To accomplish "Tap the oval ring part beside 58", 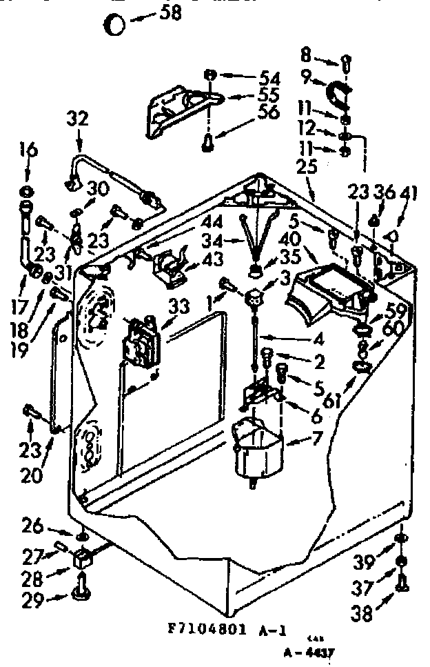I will pyautogui.click(x=115, y=27).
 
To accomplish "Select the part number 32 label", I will pyautogui.click(x=77, y=119).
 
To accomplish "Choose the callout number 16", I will pyautogui.click(x=28, y=150).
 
